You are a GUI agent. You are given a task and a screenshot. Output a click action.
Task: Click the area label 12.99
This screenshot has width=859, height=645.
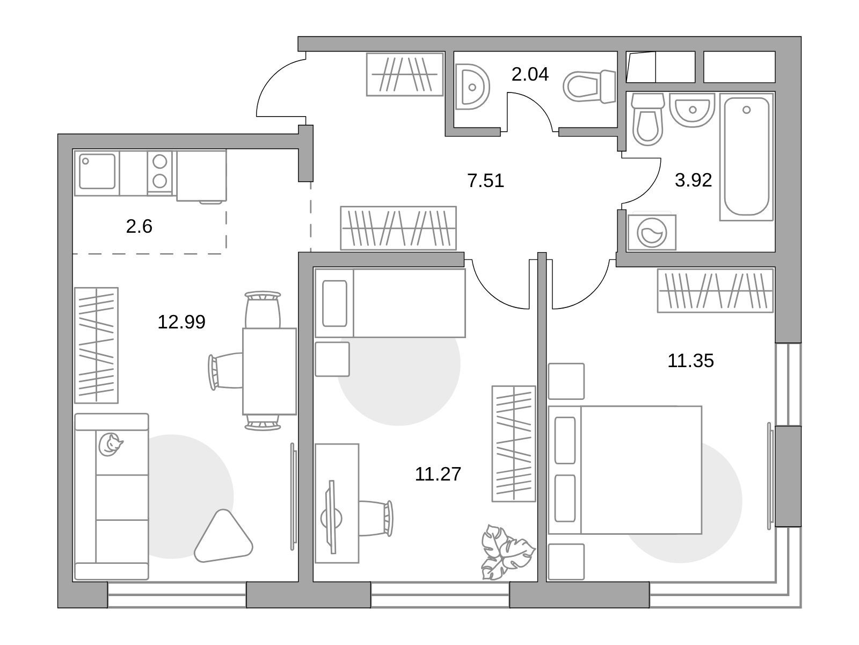(x=181, y=322)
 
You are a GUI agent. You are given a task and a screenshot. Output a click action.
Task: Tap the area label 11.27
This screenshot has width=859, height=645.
(x=438, y=474)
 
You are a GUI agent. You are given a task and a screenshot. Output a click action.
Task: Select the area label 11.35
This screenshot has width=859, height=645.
(x=690, y=361)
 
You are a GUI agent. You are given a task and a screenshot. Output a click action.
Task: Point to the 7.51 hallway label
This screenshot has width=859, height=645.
(x=486, y=181)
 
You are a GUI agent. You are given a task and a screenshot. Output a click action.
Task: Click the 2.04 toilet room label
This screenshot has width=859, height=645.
(x=530, y=74)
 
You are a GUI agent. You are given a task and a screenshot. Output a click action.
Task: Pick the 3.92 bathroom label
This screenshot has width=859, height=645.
(x=693, y=180)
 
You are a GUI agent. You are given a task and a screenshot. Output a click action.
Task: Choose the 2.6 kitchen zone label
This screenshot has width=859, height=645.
(x=139, y=226)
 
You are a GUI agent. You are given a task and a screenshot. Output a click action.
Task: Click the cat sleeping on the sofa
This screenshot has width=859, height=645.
(x=110, y=445)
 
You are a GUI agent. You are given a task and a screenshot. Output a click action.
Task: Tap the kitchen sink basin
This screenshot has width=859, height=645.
(x=97, y=171)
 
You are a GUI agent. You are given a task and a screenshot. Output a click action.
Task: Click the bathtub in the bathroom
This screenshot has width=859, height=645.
(x=747, y=156)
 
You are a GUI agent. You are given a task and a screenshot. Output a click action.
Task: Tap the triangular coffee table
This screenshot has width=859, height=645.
(x=223, y=536)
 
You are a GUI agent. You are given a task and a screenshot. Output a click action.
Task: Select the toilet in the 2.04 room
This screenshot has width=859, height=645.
(x=589, y=87)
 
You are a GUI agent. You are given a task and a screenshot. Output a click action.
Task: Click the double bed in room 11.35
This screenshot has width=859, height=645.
(x=625, y=470)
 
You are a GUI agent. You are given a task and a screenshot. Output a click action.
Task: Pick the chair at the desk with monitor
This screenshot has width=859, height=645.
(x=376, y=519)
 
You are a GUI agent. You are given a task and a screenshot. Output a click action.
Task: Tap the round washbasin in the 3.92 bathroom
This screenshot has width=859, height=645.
(x=692, y=110)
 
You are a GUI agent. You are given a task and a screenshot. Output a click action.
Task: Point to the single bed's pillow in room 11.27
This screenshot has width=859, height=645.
(x=334, y=303)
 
